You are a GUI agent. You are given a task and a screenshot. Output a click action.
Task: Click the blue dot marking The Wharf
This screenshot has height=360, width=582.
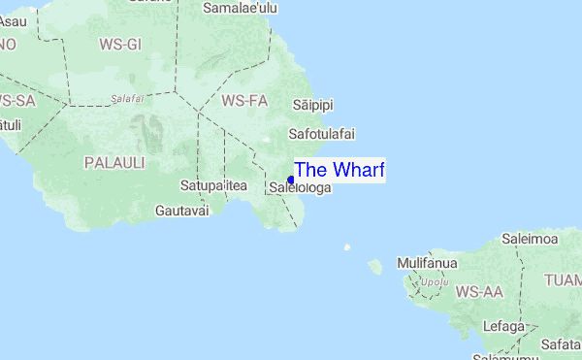(291, 179)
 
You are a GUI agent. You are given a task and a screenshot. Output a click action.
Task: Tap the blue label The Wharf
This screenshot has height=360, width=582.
(339, 170)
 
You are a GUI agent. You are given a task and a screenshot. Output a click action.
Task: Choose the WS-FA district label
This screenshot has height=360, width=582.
(243, 100)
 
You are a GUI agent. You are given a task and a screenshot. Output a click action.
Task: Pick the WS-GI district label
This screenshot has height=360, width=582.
(120, 44)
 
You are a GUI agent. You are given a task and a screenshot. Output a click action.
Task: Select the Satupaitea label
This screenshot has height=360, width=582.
(214, 184)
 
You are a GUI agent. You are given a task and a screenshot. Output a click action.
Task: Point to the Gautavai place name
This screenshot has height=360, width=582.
(181, 210)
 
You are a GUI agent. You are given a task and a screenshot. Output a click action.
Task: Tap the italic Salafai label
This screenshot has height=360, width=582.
(127, 98)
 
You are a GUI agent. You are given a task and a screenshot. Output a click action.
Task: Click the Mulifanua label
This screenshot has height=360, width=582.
(425, 263)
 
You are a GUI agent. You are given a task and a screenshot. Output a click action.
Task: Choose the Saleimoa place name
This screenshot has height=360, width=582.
(530, 238)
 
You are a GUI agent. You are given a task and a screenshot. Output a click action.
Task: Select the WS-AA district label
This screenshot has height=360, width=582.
(479, 291)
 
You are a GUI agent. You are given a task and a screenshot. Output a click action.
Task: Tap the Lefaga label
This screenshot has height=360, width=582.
(502, 327)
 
